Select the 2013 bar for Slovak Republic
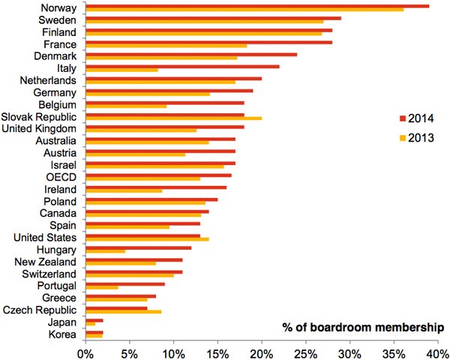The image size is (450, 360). tap(174, 118)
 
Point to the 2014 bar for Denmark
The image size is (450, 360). tap(192, 54)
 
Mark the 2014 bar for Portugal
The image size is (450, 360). tap(125, 283)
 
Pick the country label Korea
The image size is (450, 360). tap(62, 334)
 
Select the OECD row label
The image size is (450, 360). tap(60, 175)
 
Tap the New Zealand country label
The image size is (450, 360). tap(46, 262)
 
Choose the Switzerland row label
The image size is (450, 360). tap(49, 274)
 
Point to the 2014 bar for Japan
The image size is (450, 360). tap(95, 320)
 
